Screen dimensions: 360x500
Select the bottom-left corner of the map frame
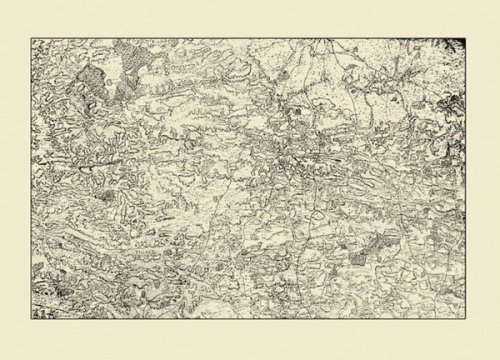coord(30,322)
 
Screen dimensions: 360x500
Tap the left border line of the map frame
coord(30,180)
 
